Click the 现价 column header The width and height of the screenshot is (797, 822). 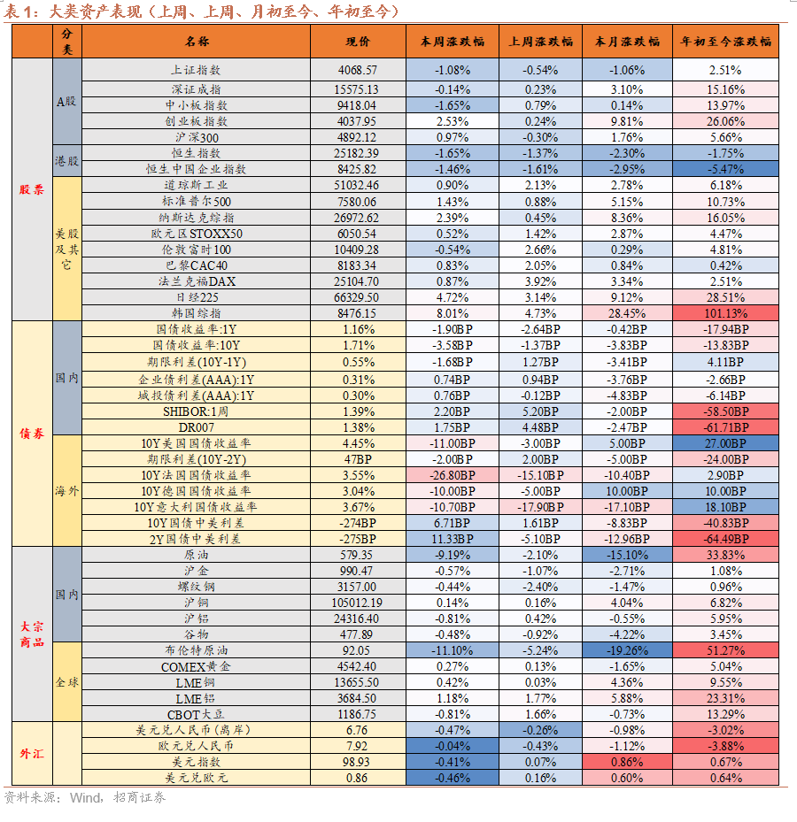(358, 42)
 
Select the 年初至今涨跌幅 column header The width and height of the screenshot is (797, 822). (725, 42)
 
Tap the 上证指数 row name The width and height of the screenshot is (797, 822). (196, 70)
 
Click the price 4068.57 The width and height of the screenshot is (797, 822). (358, 70)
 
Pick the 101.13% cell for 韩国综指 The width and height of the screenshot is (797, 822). (725, 313)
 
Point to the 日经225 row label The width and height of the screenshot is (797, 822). (197, 297)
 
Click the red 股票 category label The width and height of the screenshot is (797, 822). (32, 189)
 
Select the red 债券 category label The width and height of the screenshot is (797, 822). (32, 433)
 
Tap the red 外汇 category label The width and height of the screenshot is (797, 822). (32, 753)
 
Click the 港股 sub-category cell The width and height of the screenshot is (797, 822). (67, 160)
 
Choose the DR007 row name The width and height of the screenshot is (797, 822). (197, 427)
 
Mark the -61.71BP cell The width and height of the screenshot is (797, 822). (725, 427)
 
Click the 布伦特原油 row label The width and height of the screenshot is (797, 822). (197, 650)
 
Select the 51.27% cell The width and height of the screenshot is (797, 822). (725, 650)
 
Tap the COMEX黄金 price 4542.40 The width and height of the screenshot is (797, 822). (357, 667)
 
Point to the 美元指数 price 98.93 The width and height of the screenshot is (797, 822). (357, 762)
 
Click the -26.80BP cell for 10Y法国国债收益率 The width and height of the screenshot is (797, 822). (453, 475)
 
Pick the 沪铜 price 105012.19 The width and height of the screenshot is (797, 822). (357, 603)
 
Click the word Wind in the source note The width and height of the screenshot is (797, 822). (86, 798)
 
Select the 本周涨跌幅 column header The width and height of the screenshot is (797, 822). (453, 42)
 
